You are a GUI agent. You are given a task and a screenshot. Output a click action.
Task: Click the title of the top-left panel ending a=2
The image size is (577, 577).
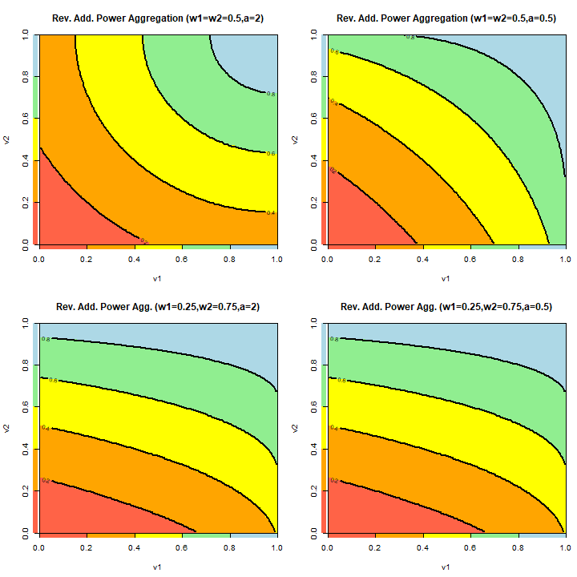tap(157, 18)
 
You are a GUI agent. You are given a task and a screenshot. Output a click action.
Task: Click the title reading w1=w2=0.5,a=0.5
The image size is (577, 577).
tap(446, 18)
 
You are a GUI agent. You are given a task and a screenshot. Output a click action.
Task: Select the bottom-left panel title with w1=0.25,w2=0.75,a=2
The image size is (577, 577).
tap(157, 306)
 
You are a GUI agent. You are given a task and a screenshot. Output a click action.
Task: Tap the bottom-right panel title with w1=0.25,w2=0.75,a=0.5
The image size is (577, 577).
tap(446, 306)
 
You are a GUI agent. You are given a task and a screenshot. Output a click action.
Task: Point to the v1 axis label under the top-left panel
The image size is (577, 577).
tap(157, 279)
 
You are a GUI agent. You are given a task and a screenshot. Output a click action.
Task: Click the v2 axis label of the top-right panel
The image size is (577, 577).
tap(296, 139)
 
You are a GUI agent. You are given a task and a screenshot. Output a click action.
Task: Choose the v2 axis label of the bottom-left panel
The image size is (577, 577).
tap(7, 428)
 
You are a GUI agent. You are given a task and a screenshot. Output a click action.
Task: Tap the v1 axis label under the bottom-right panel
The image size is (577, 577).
tap(446, 567)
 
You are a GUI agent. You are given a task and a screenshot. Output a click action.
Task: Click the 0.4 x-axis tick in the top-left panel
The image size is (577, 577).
tap(134, 260)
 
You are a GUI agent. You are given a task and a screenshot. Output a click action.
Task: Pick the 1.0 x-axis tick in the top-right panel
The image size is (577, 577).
tap(565, 260)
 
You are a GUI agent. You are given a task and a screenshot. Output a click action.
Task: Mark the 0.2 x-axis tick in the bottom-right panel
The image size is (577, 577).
tap(374, 548)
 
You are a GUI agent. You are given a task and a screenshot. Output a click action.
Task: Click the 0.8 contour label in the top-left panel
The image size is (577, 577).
tap(271, 95)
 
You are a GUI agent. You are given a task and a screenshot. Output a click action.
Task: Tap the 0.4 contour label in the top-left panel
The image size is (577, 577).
tap(271, 212)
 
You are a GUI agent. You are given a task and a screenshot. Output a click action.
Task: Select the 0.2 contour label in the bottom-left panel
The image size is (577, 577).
tap(45, 481)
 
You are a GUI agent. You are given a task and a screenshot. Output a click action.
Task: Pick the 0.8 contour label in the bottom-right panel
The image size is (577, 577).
tap(333, 340)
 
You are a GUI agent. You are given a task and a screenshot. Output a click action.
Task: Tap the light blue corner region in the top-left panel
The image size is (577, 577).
tap(248, 56)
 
